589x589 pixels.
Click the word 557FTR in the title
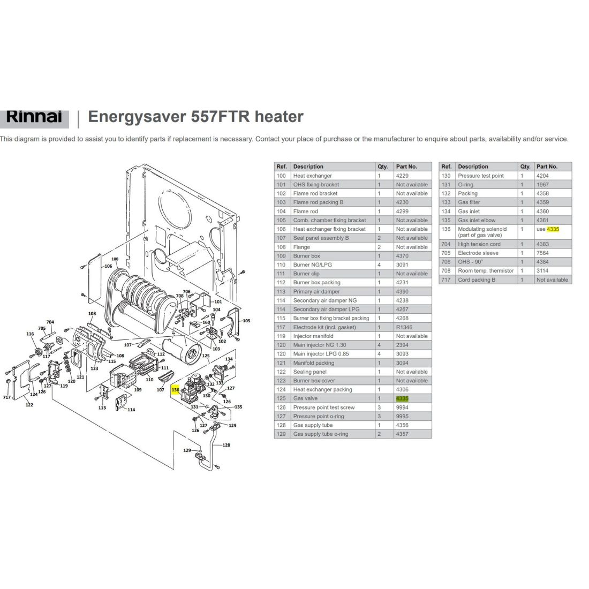[221, 116]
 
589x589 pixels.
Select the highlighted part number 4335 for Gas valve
[402, 398]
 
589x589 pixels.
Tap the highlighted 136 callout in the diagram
[176, 390]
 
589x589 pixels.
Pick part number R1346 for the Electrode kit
[404, 327]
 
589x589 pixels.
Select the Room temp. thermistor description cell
[486, 270]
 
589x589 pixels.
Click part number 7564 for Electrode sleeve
[542, 253]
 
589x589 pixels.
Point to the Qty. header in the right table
[525, 167]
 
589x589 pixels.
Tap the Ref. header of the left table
[282, 167]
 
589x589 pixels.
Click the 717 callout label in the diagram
[7, 397]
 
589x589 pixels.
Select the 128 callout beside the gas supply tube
[226, 445]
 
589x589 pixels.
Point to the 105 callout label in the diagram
[246, 321]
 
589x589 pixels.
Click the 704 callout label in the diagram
[50, 322]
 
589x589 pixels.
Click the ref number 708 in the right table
[446, 270]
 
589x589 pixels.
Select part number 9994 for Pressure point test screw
[402, 407]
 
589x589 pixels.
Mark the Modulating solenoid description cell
[482, 232]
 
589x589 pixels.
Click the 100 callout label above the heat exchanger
[115, 259]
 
